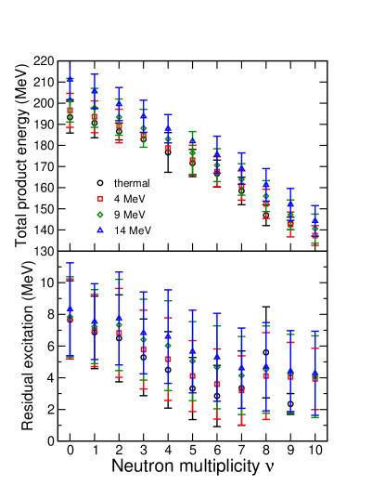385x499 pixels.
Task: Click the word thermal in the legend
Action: [132, 183]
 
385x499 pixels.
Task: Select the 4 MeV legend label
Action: [129, 199]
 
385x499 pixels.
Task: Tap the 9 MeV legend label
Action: [129, 215]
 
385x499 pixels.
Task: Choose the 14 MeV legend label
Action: [132, 230]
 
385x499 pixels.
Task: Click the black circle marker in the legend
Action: [100, 183]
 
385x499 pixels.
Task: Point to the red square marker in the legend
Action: [100, 199]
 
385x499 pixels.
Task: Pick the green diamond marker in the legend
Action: [100, 215]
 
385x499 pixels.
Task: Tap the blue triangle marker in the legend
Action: [100, 230]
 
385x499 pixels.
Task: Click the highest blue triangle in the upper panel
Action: [70, 80]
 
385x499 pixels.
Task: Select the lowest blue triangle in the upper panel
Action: [314, 221]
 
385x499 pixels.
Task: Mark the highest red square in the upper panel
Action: [70, 110]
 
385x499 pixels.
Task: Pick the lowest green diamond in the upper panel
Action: [314, 228]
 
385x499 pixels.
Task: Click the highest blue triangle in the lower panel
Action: [70, 309]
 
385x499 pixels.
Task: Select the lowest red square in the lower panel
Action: [241, 390]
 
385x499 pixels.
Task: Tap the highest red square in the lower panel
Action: [70, 318]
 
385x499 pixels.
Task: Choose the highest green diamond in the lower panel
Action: [70, 317]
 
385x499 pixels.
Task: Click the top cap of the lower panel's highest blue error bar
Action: [70, 263]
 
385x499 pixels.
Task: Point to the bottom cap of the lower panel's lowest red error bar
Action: [241, 425]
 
